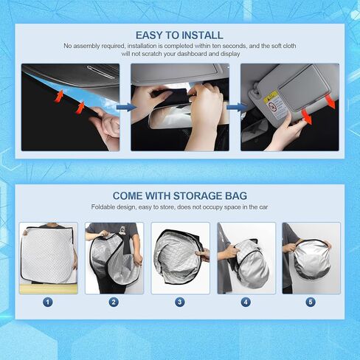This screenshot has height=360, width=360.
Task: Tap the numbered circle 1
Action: (x=48, y=302)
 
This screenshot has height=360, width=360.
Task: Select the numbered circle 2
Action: (x=114, y=302)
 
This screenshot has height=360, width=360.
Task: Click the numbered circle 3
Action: (x=179, y=302)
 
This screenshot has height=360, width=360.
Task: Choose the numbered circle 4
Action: (x=245, y=302)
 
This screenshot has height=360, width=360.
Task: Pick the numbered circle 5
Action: (x=311, y=302)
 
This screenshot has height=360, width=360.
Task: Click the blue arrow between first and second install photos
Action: (x=125, y=107)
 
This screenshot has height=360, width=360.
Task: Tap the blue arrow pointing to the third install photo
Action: (x=235, y=107)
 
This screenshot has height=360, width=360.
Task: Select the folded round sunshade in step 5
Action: (x=311, y=260)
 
